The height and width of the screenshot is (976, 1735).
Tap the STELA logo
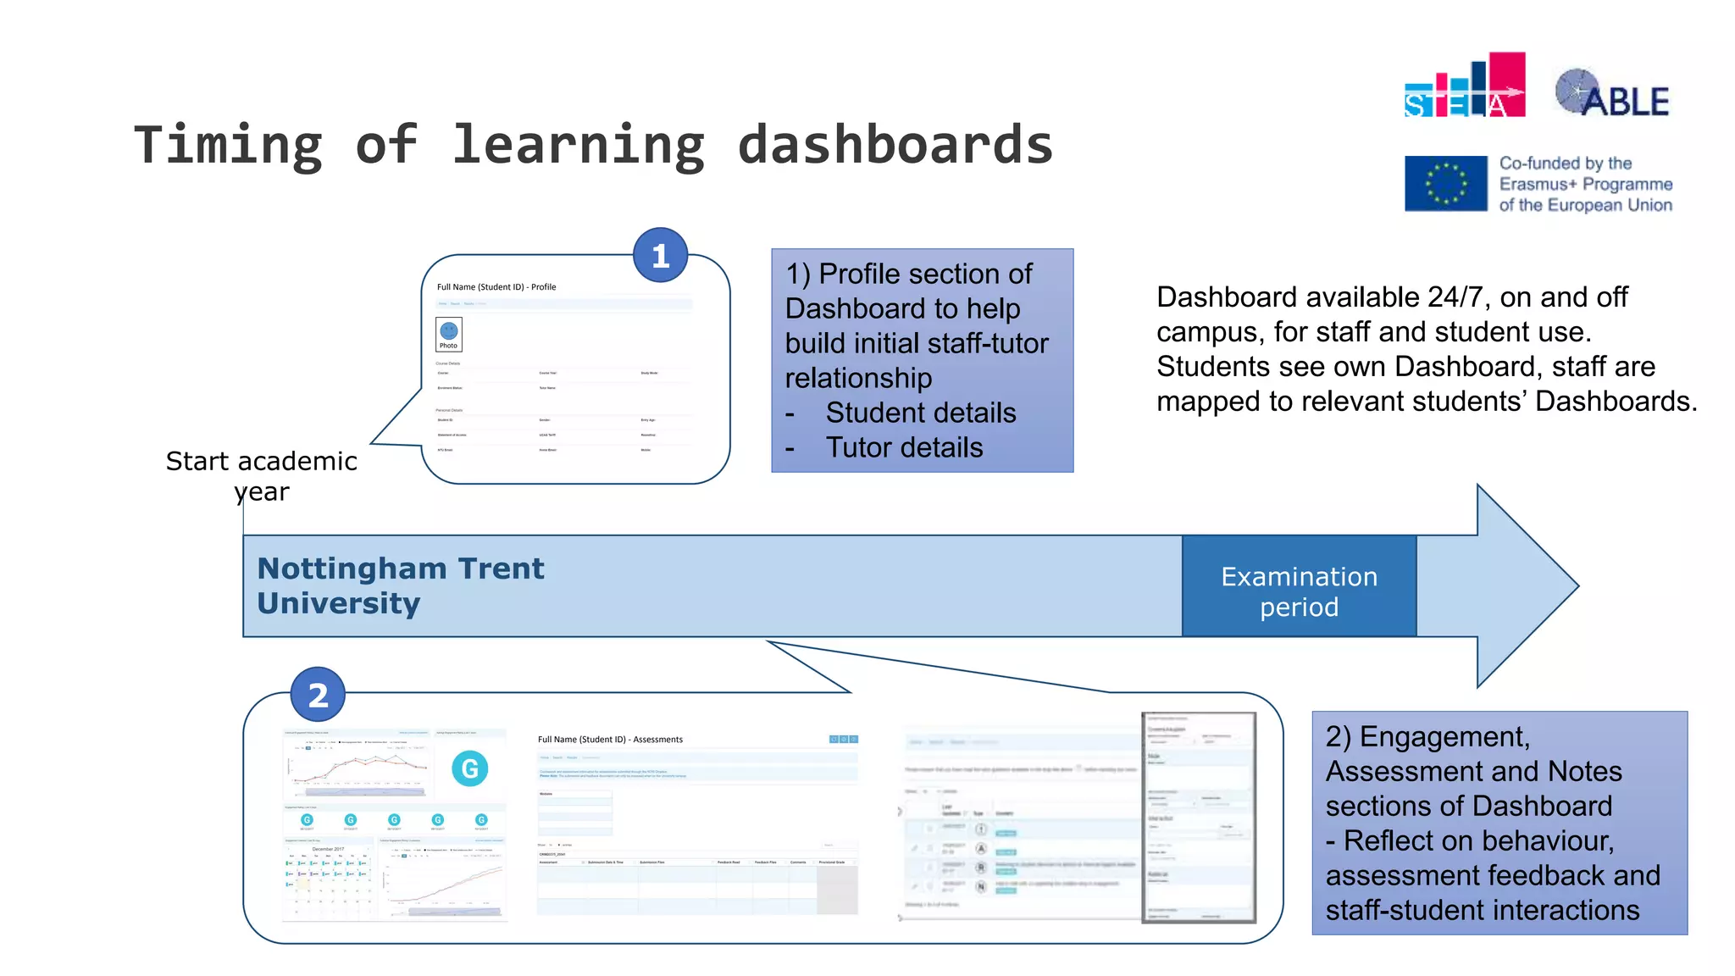tap(1464, 86)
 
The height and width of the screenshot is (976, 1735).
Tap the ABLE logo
tap(1612, 94)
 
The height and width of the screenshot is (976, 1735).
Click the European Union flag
tap(1445, 183)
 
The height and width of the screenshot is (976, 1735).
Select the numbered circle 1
tap(660, 255)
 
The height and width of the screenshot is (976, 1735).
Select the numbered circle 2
tap(318, 695)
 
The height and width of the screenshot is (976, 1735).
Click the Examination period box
tap(1299, 586)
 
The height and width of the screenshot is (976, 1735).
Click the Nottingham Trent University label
tap(400, 585)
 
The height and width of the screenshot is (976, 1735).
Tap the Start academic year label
tap(261, 475)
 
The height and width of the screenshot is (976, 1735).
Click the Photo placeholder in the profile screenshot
tap(448, 335)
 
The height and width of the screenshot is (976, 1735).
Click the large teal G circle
tap(469, 768)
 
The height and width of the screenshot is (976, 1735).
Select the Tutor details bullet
tap(904, 447)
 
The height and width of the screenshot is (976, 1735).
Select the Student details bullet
tap(920, 413)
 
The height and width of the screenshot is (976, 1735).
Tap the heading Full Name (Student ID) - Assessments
tap(610, 740)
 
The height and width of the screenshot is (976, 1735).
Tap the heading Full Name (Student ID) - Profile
tap(496, 287)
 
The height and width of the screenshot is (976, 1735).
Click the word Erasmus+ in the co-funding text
tap(1537, 184)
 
